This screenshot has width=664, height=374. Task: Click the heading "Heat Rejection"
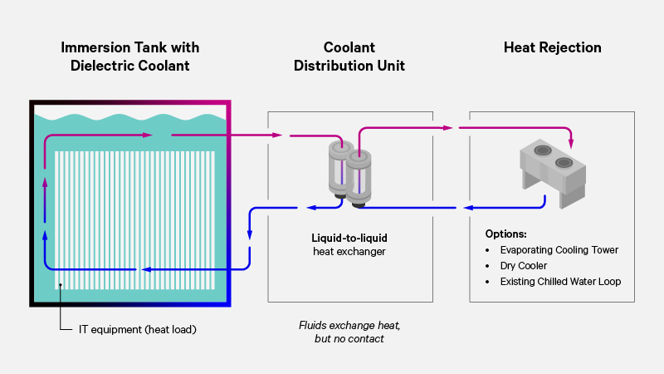click(x=552, y=47)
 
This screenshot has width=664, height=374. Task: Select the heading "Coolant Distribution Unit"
click(x=349, y=56)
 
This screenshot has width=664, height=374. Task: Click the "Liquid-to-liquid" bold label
click(x=349, y=238)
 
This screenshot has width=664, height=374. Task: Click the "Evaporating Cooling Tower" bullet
click(x=559, y=250)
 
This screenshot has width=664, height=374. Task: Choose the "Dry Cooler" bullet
click(x=523, y=266)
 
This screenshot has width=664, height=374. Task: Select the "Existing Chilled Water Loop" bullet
click(x=560, y=282)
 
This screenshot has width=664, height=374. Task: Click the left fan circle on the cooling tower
click(x=542, y=150)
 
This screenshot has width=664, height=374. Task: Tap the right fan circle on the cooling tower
click(x=565, y=162)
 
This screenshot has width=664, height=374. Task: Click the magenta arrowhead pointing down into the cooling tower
click(x=571, y=140)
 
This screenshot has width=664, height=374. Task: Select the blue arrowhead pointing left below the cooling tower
click(x=468, y=207)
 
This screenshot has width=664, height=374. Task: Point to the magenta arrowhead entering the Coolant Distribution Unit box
click(x=276, y=135)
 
